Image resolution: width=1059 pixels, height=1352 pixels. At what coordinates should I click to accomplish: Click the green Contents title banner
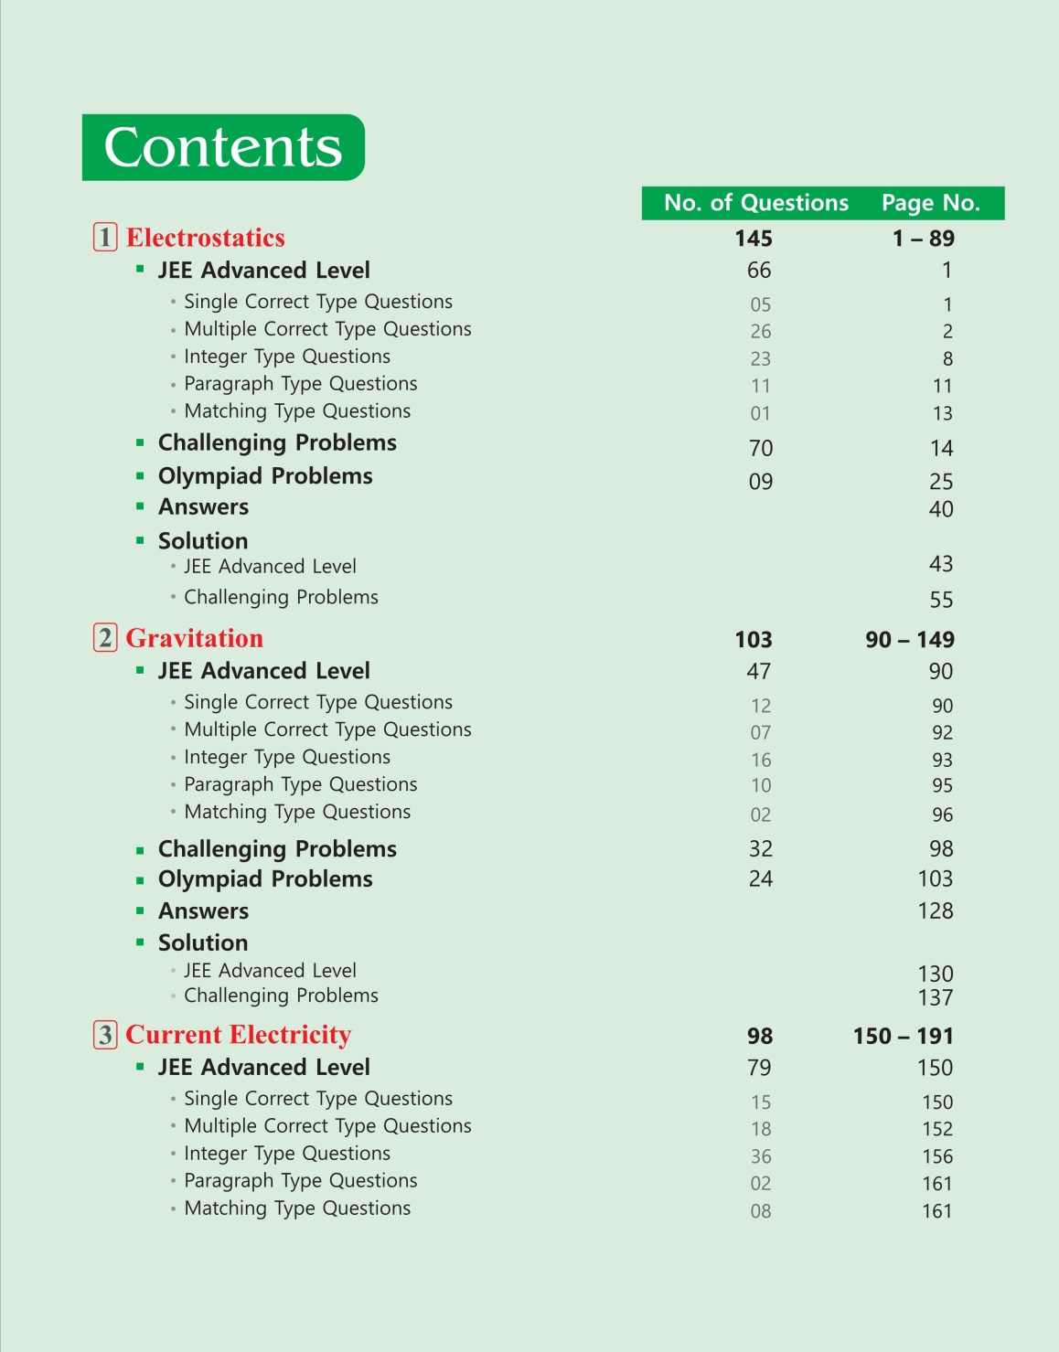point(223,147)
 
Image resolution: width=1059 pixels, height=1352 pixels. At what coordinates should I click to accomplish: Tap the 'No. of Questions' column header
point(756,203)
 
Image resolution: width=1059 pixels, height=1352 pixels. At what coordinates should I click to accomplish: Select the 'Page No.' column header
point(930,203)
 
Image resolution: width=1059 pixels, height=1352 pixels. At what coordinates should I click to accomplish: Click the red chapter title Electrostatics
point(205,238)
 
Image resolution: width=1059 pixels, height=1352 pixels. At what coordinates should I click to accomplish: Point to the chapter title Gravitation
point(194,638)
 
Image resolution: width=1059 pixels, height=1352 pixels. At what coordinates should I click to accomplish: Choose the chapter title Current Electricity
point(238,1035)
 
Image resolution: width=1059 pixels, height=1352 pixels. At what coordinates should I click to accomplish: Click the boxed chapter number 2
point(105,637)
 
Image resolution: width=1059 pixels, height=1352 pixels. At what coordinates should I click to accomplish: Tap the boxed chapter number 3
point(105,1034)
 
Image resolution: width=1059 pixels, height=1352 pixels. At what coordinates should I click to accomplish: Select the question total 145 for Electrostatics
point(754,239)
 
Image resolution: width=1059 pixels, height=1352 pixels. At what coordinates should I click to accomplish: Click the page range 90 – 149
point(910,640)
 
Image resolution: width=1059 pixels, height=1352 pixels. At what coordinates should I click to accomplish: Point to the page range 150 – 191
point(904,1037)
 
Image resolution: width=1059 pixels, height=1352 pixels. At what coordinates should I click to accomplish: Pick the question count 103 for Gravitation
point(754,640)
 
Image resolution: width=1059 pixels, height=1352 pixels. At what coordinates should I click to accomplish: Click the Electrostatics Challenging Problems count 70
point(761,448)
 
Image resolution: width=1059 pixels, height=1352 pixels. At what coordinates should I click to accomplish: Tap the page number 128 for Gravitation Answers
point(936,910)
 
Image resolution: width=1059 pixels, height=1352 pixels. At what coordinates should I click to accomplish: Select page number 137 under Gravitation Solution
point(936,997)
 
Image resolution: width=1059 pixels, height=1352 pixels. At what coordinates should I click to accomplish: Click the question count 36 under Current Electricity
point(761,1156)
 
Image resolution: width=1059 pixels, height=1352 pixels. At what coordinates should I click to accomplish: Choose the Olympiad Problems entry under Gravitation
point(265,879)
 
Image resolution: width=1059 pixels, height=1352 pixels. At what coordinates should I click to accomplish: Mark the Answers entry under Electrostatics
point(203,507)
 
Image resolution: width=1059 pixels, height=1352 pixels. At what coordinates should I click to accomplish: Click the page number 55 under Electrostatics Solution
point(941,600)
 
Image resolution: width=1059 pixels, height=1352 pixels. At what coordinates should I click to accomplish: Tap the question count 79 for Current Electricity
point(759,1068)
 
